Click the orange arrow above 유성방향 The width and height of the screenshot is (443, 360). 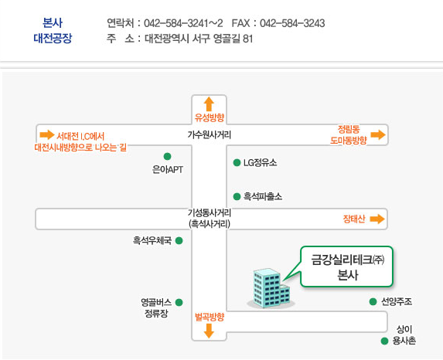pyautogui.click(x=209, y=104)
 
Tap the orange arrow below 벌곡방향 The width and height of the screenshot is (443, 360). pyautogui.click(x=209, y=331)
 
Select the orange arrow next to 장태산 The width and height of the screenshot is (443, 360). pyautogui.click(x=377, y=219)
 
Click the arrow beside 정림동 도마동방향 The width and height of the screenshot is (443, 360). pyautogui.click(x=378, y=134)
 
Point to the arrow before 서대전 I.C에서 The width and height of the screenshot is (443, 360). pyautogui.click(x=47, y=134)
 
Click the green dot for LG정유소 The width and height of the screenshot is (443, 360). pyautogui.click(x=237, y=163)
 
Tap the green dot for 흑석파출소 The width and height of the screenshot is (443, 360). pyautogui.click(x=237, y=196)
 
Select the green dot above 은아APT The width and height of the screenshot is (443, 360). pyautogui.click(x=167, y=156)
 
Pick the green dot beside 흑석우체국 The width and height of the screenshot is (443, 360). pyautogui.click(x=179, y=240)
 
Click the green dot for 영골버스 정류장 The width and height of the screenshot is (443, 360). pyautogui.click(x=179, y=302)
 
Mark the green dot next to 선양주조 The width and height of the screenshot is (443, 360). pyautogui.click(x=373, y=302)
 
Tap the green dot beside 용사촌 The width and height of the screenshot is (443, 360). pyautogui.click(x=384, y=341)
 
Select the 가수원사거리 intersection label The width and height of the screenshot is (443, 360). pyautogui.click(x=209, y=134)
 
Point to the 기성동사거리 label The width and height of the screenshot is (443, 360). pyautogui.click(x=210, y=212)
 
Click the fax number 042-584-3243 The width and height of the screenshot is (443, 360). pyautogui.click(x=292, y=23)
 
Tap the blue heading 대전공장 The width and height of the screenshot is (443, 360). pyautogui.click(x=53, y=38)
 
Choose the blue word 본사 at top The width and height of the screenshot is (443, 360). pyautogui.click(x=53, y=22)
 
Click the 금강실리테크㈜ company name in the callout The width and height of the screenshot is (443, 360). pyautogui.click(x=347, y=260)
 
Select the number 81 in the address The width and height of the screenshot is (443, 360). pyautogui.click(x=247, y=39)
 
